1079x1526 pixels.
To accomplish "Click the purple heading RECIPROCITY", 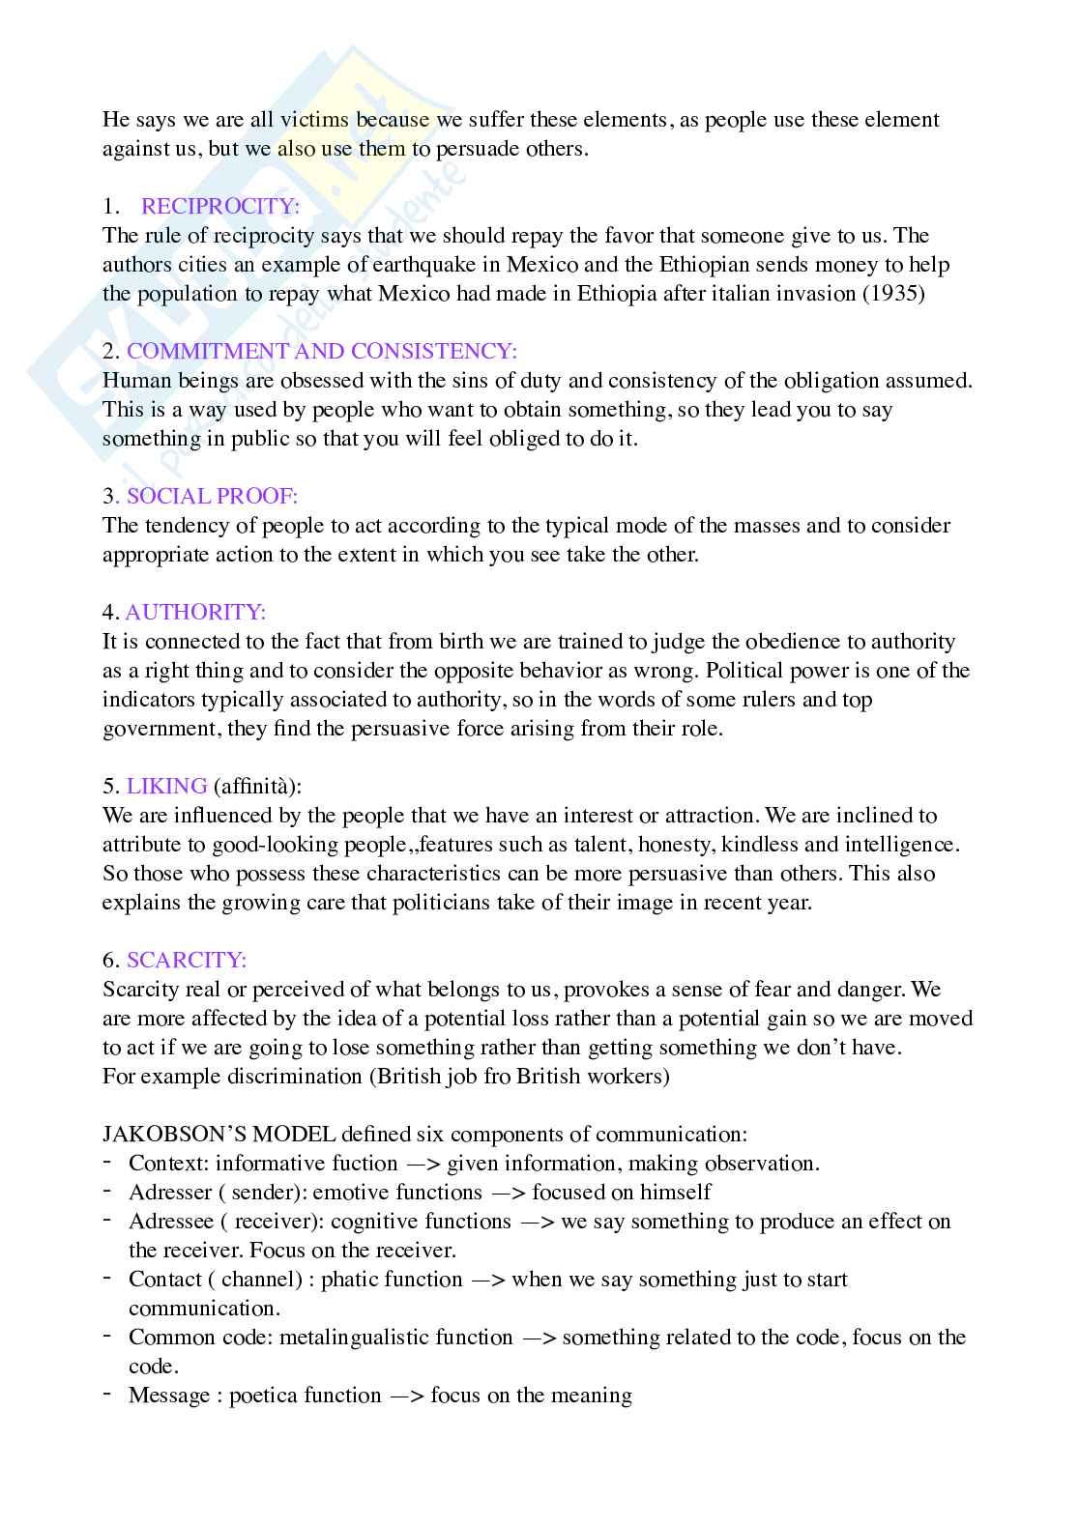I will click(220, 206).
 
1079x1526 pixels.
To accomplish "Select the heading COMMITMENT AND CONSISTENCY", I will click(322, 351).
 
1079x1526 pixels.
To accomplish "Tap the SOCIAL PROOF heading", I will click(212, 496).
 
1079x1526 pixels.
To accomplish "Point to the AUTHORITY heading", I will click(195, 612).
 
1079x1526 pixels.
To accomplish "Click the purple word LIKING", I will click(166, 786).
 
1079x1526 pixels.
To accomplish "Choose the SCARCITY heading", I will click(187, 960).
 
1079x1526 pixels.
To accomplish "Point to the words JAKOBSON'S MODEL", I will click(219, 1134).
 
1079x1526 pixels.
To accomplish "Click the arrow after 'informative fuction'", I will click(423, 1164).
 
